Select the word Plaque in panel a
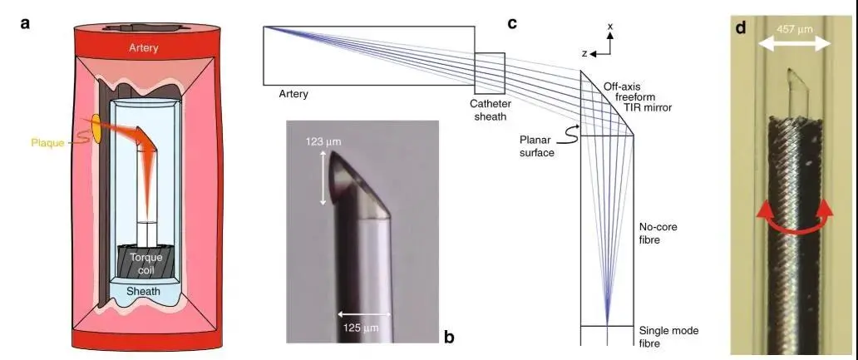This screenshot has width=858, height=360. click(x=47, y=144)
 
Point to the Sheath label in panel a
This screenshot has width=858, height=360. click(x=143, y=291)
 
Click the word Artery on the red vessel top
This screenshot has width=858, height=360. click(x=143, y=48)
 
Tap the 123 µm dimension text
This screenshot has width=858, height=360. click(x=323, y=142)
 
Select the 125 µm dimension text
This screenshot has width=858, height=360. click(x=361, y=328)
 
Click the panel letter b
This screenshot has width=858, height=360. click(x=449, y=337)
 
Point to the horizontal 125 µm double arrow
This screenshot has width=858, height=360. click(x=364, y=314)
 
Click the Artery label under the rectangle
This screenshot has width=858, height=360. click(x=293, y=94)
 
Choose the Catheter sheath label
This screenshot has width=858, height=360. click(x=491, y=110)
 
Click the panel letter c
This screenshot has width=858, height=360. click(x=512, y=24)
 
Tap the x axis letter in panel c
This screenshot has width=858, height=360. click(x=610, y=26)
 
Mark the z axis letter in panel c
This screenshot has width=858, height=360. click(x=584, y=53)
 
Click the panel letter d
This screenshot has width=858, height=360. click(x=741, y=27)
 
